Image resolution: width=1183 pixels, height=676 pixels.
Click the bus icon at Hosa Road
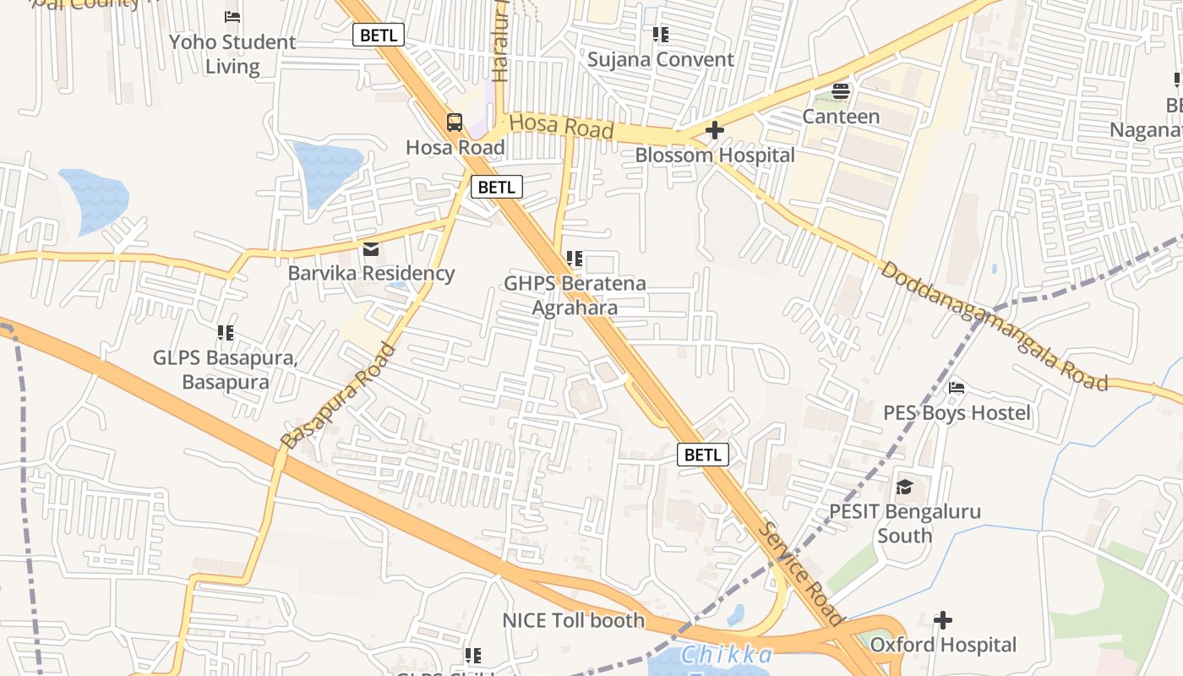[455, 123]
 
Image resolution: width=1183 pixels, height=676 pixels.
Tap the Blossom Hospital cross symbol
[714, 130]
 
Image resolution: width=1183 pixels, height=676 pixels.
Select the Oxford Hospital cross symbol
[943, 620]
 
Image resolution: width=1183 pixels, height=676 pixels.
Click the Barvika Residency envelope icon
[371, 249]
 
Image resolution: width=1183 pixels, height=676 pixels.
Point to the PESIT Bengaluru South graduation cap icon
[904, 487]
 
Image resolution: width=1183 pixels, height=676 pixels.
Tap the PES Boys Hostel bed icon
[957, 388]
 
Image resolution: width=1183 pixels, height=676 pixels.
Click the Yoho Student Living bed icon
[232, 17]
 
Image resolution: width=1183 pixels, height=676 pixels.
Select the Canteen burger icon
[841, 91]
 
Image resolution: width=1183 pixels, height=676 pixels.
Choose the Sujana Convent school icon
[661, 35]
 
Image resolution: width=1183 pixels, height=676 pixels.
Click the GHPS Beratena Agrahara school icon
[575, 259]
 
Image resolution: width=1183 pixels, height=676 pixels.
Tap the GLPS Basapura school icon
[225, 333]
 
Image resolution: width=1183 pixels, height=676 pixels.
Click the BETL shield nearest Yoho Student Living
[378, 35]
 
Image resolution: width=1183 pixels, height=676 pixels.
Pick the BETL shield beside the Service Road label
[703, 455]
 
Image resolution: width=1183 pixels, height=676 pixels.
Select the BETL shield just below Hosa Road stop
[496, 187]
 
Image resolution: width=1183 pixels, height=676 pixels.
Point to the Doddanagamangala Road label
[994, 326]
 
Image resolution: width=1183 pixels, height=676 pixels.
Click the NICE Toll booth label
[574, 620]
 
